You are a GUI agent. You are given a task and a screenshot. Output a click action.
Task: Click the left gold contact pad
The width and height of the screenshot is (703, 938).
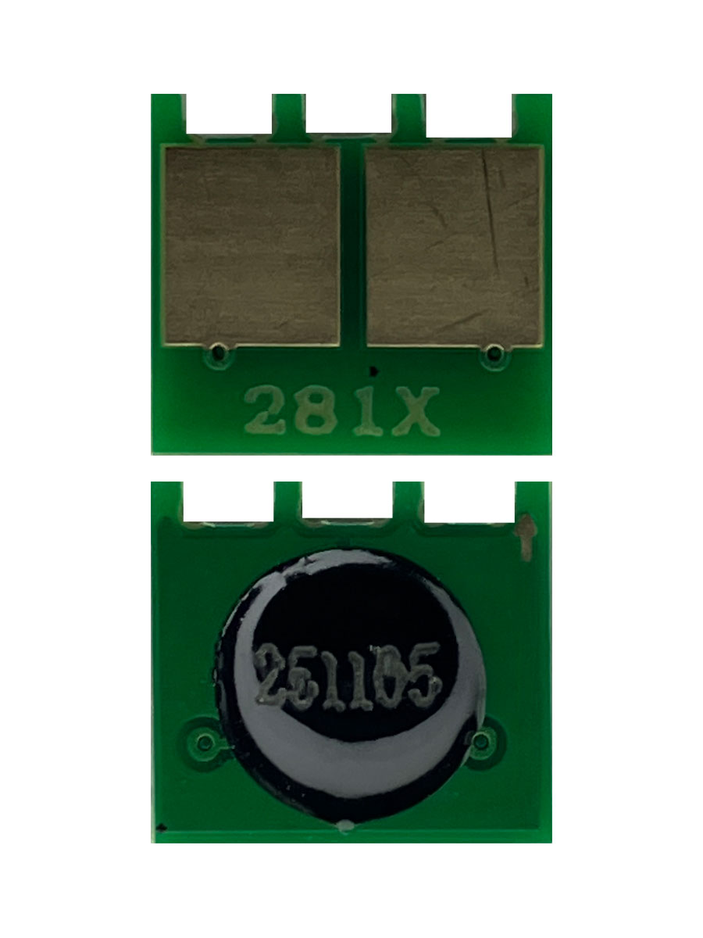click(x=252, y=245)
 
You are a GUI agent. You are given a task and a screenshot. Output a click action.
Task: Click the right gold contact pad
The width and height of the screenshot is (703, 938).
click(x=455, y=245)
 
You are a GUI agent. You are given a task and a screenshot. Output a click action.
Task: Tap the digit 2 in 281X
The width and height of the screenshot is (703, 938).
click(x=265, y=410)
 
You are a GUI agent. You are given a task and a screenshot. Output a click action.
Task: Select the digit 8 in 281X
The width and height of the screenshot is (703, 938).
click(x=316, y=410)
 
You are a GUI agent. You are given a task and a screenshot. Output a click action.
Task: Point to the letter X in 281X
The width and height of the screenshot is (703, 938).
click(x=416, y=411)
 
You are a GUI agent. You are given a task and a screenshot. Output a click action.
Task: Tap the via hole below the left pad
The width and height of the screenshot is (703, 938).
click(x=218, y=353)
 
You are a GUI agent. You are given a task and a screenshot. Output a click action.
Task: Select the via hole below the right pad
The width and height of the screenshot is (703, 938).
click(x=494, y=353)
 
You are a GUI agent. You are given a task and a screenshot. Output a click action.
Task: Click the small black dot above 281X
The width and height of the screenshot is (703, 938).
click(x=374, y=371)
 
